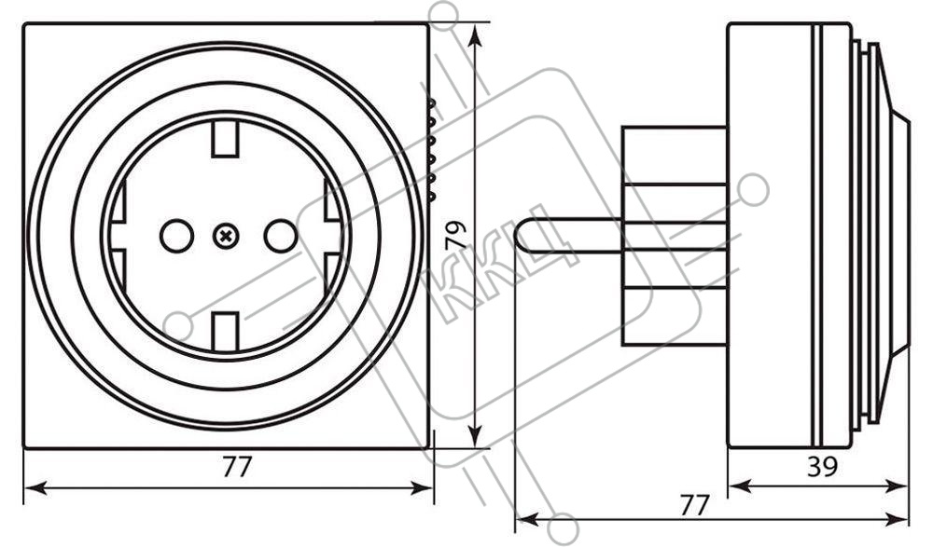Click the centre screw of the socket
[226, 237]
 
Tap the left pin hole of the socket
[176, 236]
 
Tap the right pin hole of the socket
[280, 236]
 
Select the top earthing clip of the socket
[225, 139]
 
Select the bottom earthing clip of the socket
[225, 331]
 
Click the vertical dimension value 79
[456, 236]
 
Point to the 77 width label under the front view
[237, 467]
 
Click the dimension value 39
[823, 467]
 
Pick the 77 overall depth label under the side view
[695, 505]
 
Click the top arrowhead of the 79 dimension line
[474, 34]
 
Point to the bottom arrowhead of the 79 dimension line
[474, 436]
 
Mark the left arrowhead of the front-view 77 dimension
[35, 488]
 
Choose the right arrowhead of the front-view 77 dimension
[422, 488]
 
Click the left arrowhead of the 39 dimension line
[740, 487]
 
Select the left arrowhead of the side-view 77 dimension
[527, 520]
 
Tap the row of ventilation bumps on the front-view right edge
[431, 149]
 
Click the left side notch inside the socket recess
[118, 236]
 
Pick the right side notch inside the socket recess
[334, 236]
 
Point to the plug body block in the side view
[675, 236]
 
